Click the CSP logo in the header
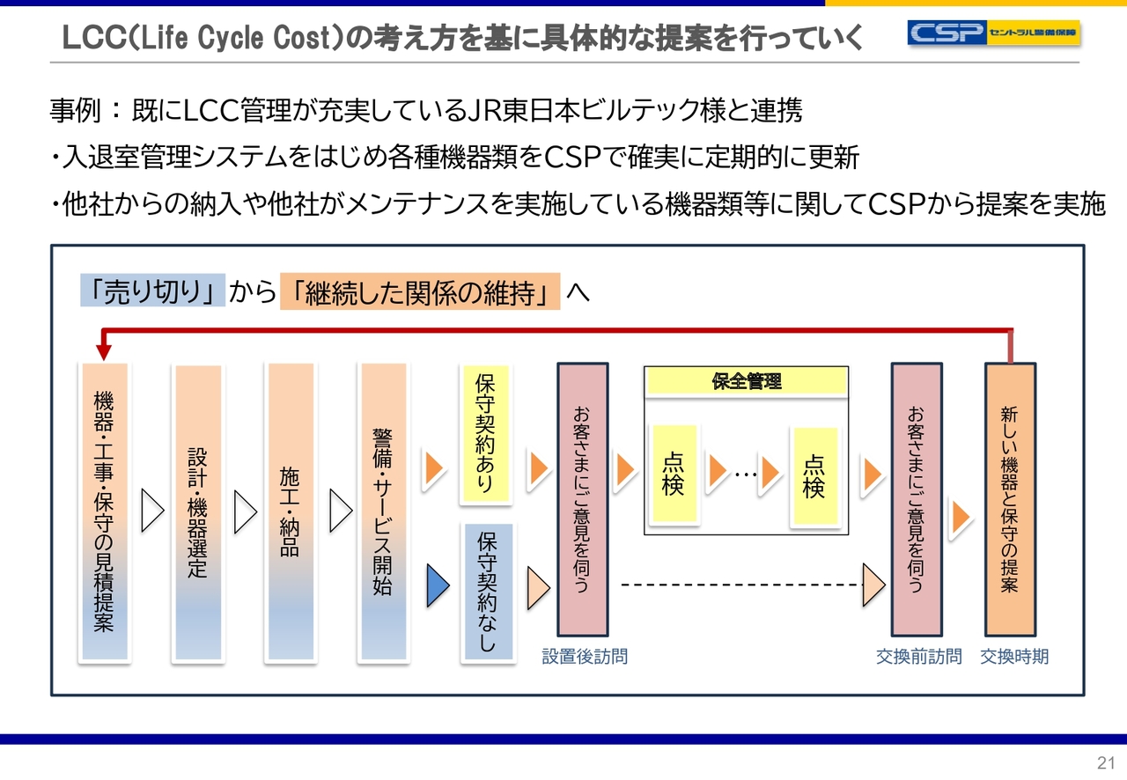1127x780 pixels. click(x=993, y=33)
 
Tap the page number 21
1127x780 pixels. click(x=1106, y=762)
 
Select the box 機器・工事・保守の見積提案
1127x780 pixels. click(x=104, y=512)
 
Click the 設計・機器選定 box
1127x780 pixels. click(x=198, y=512)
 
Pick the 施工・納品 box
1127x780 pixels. click(x=291, y=512)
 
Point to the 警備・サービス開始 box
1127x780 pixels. click(x=383, y=512)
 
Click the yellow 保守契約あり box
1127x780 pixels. click(x=485, y=434)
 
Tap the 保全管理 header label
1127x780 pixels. click(x=747, y=381)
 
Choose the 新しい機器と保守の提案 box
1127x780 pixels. click(x=1010, y=499)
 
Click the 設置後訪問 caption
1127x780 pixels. click(x=585, y=657)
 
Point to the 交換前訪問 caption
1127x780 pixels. click(x=918, y=657)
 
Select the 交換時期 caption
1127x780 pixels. click(x=1014, y=657)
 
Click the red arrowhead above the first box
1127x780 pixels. click(x=104, y=351)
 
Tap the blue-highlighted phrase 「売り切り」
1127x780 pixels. click(x=152, y=292)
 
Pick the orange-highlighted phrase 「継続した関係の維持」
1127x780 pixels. click(x=420, y=292)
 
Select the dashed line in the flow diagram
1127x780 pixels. click(x=740, y=585)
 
